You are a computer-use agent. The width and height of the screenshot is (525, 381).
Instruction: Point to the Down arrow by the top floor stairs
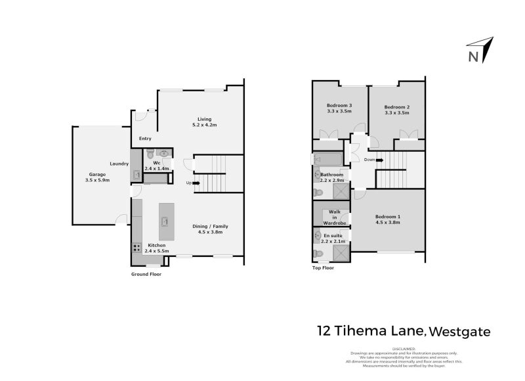[379, 160]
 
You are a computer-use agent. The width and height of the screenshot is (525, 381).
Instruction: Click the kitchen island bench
[163, 221]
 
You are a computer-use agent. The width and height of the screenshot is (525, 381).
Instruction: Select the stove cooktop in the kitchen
[137, 247]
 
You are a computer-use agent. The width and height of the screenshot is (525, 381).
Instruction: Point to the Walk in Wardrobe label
[333, 217]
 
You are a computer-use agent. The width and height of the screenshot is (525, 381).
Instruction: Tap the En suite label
[333, 235]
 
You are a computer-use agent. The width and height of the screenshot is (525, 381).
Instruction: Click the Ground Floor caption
[146, 274]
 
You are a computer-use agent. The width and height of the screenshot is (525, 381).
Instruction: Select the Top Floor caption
[323, 268]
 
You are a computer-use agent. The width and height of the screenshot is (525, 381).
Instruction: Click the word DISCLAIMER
[404, 349]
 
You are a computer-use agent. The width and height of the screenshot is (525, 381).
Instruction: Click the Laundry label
[118, 164]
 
